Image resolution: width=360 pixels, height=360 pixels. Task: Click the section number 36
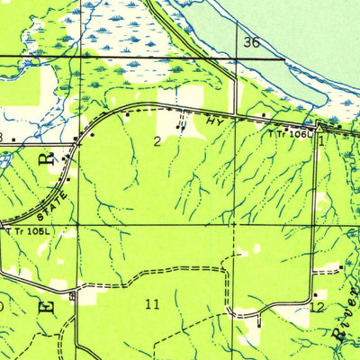[x=251, y=42]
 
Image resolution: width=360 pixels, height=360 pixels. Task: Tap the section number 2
[x=157, y=140]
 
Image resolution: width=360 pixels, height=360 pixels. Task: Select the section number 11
[x=152, y=304]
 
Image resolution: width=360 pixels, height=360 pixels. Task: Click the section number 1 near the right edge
[x=320, y=140]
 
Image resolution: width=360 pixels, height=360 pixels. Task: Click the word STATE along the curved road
[x=54, y=195]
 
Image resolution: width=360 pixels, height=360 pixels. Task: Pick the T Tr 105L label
[x=31, y=231]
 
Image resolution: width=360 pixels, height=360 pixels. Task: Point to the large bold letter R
[x=45, y=163]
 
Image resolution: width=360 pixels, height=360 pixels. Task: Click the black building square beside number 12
[x=315, y=294]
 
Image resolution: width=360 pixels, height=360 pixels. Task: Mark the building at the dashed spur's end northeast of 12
[x=342, y=266]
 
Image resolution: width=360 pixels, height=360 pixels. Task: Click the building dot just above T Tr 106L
[x=286, y=127]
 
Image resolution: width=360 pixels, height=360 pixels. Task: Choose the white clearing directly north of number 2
[x=171, y=101]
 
